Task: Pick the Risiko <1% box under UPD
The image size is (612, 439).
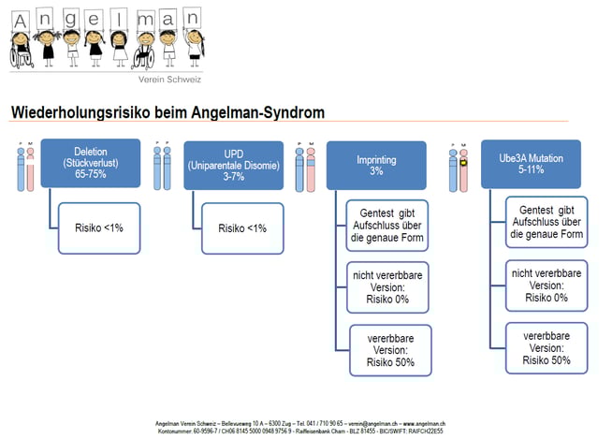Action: tap(242, 227)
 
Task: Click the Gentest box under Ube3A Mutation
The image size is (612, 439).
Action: tap(546, 221)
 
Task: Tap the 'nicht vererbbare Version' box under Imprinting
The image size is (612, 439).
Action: tap(387, 286)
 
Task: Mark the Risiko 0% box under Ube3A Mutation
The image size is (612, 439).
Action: tap(546, 285)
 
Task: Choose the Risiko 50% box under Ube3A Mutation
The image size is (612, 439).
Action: tap(546, 346)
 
